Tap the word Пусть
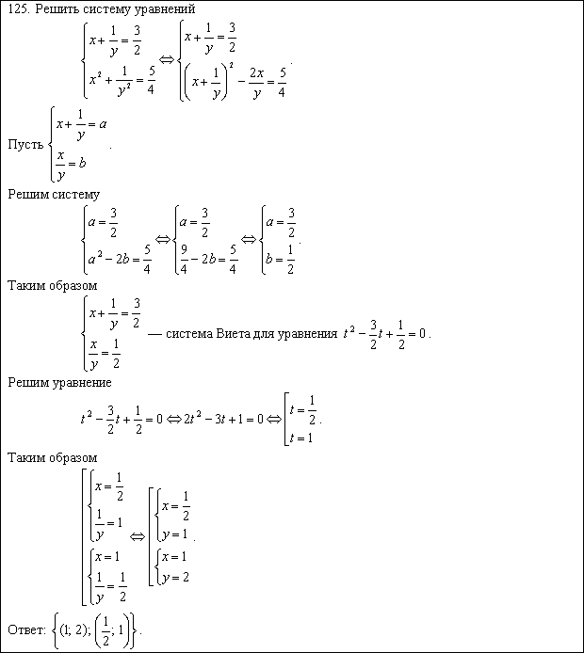coord(24,144)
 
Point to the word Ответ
coord(25,629)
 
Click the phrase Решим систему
coord(53,195)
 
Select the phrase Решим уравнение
coord(59,382)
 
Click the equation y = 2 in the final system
coord(176,577)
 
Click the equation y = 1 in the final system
coord(176,534)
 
